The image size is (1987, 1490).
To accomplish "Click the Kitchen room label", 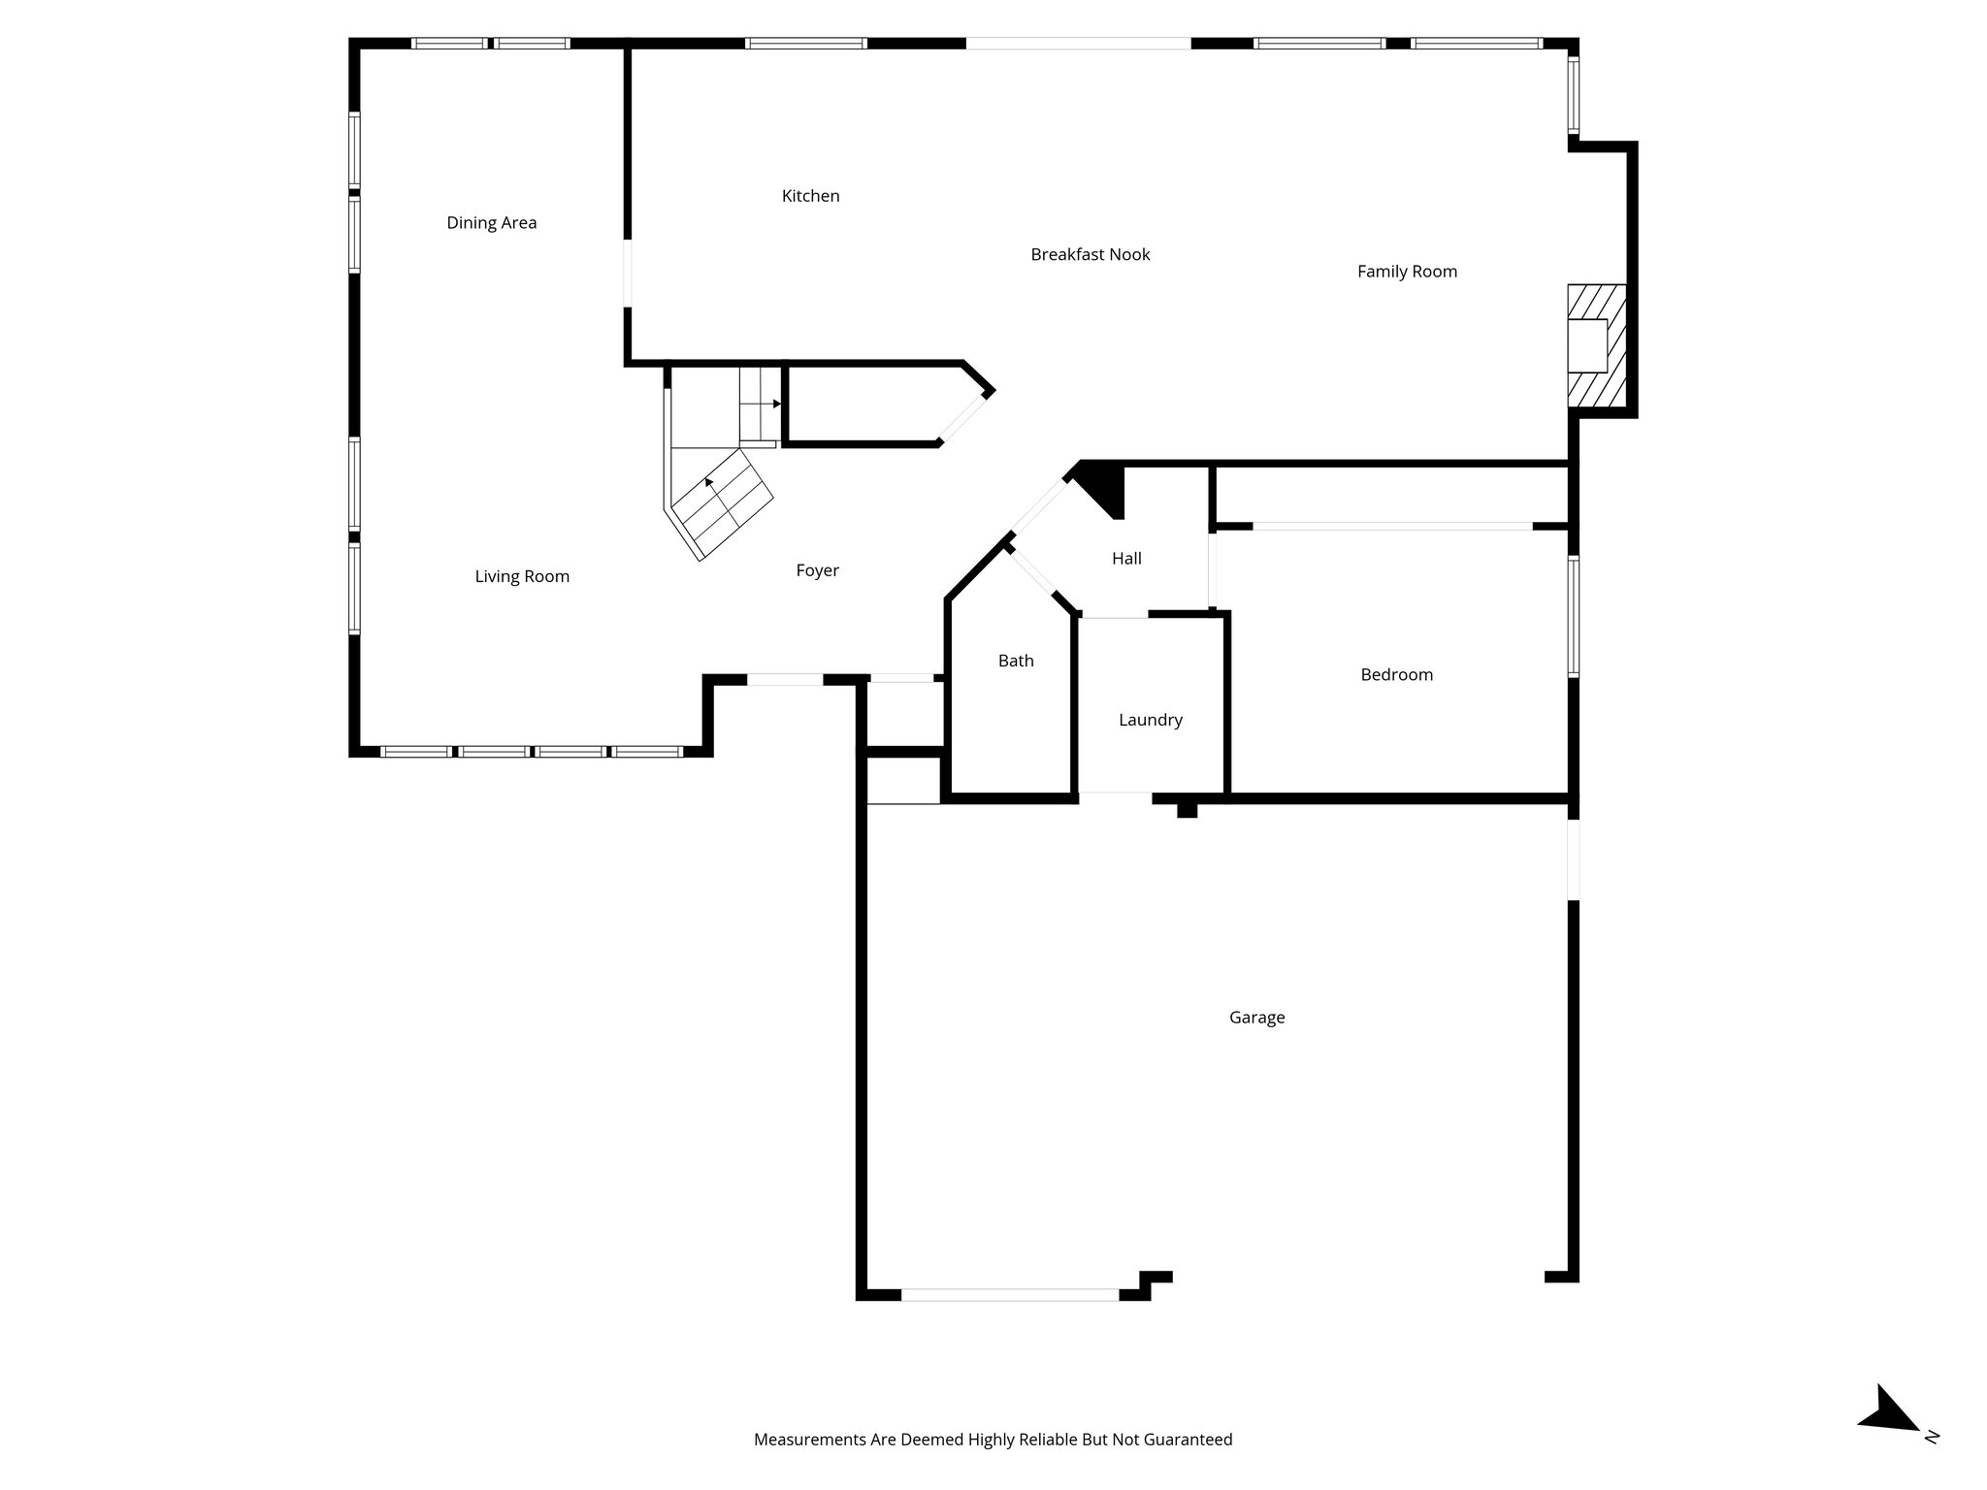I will coord(810,196).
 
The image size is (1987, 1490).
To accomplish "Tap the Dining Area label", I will coord(491,223).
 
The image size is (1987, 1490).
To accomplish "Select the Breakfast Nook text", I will coord(1090,255).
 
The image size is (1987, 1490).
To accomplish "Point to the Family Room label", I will coord(1406,272).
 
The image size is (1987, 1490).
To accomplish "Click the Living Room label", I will coord(521,576).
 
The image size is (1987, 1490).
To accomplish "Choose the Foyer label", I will coord(817,570).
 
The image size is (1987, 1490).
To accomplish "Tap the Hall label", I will coord(1125,559).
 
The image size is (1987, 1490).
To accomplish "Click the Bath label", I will coord(1015,661).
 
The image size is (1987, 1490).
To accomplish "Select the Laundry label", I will coord(1150,720).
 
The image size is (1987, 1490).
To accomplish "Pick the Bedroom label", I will coord(1395,675).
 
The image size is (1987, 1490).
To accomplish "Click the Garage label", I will coord(1255,1018).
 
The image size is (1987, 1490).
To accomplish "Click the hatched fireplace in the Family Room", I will coord(1596,345).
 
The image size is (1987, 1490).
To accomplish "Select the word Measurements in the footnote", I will coord(809,1440).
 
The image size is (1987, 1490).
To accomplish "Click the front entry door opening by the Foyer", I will coord(785,680).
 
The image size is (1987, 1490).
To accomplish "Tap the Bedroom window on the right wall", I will coord(1573,616).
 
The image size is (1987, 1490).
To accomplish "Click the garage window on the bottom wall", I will coord(1009,1294).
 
